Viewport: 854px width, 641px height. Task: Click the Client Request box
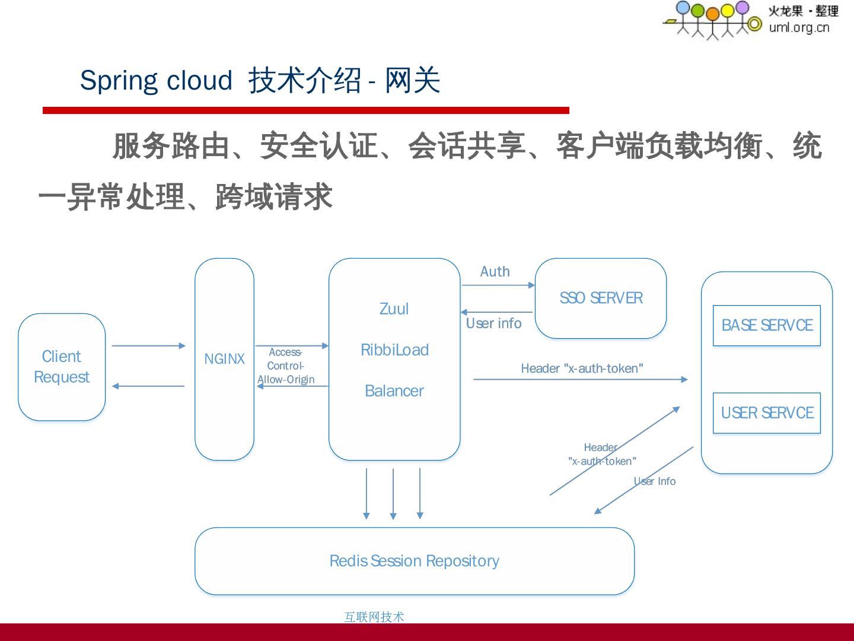coord(62,367)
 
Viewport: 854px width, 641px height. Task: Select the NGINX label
coord(224,359)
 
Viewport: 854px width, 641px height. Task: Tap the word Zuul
coord(394,309)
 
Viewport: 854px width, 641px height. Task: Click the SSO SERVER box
coord(600,298)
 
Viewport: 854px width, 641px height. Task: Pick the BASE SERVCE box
coord(766,325)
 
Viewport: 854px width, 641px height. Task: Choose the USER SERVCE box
coord(766,413)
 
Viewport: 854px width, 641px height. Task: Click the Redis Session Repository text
coord(414,561)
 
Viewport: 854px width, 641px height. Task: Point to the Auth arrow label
coord(495,272)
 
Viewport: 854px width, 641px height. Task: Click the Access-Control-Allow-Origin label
coord(286,366)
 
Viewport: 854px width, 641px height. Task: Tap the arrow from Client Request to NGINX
coord(148,345)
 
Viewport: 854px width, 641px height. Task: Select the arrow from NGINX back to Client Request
coord(148,386)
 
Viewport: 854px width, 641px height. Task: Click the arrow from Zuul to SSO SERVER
coord(498,285)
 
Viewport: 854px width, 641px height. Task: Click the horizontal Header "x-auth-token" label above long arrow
coord(582,369)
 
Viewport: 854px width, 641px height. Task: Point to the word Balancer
coord(394,391)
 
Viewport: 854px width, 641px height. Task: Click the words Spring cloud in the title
coord(156,81)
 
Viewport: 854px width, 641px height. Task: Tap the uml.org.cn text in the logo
coord(799,27)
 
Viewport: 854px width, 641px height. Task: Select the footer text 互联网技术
coord(374,617)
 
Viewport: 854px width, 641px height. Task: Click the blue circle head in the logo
coord(683,8)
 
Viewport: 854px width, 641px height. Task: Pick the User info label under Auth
coord(493,323)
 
